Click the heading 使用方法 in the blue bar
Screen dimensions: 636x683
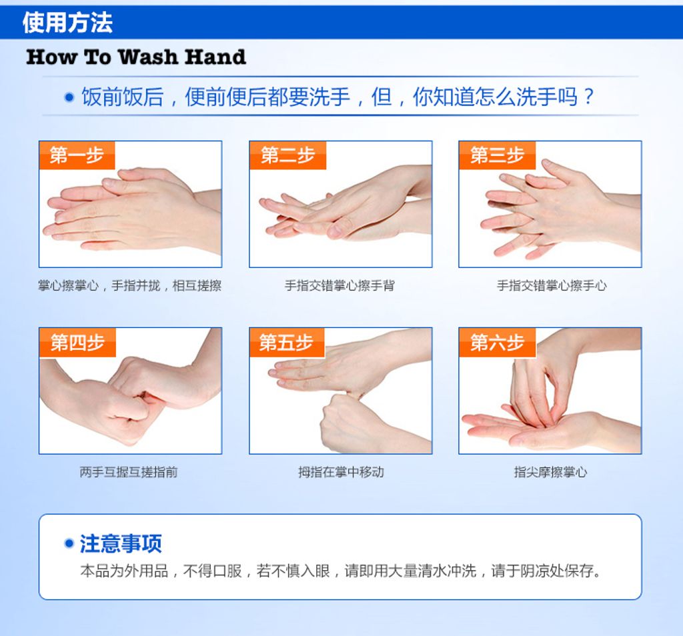tap(67, 23)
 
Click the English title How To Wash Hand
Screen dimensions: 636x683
tap(136, 57)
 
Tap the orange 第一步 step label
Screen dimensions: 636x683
tap(77, 155)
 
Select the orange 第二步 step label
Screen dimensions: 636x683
tap(287, 155)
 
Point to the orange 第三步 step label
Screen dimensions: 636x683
tap(497, 155)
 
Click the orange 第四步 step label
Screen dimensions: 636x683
tap(77, 343)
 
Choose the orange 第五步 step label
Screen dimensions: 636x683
tap(287, 343)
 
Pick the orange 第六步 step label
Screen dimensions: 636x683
tap(497, 343)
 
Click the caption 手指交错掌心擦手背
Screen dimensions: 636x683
tap(339, 286)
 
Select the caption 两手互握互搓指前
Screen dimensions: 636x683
tap(129, 473)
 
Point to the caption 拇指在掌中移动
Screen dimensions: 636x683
tap(340, 473)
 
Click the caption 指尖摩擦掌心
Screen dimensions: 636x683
tap(550, 473)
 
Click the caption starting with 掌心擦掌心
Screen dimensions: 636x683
tap(129, 286)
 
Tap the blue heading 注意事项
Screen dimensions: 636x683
tap(121, 543)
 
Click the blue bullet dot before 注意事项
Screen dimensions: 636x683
tap(68, 543)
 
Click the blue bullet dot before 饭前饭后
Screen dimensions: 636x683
tap(68, 97)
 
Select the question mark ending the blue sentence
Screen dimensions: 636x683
tap(588, 97)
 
